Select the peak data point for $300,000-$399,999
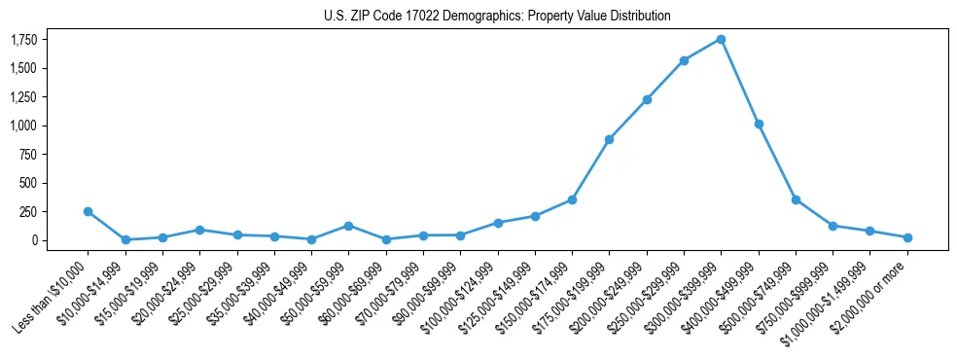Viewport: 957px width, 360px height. [x=721, y=39]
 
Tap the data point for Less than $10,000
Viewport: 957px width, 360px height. [x=88, y=211]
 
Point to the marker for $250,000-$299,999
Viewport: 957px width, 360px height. [x=684, y=60]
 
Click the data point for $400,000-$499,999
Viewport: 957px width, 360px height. [x=759, y=124]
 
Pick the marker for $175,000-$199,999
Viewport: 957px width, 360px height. [x=609, y=139]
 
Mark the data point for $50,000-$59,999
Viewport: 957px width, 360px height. [x=348, y=226]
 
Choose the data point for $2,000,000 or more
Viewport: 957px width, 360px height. [x=907, y=237]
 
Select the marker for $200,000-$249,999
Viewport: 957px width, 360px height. [x=647, y=99]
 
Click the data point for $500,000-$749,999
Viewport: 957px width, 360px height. [x=796, y=199]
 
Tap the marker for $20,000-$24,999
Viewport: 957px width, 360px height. [x=199, y=230]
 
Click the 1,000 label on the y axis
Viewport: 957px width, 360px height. [x=23, y=126]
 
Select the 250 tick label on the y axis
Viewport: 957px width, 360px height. [x=28, y=211]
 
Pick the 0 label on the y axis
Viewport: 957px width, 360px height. [x=34, y=240]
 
